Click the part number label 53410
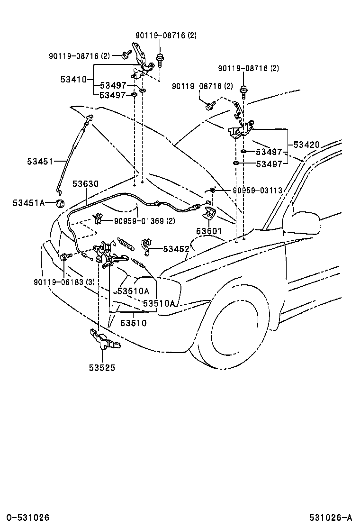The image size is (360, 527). [73, 80]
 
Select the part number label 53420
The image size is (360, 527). [306, 145]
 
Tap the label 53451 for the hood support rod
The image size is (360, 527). [40, 162]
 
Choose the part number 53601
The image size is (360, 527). [209, 231]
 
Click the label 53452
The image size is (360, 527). [176, 249]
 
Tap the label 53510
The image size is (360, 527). [133, 323]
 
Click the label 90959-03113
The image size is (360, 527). [257, 191]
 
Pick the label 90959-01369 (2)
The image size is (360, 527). [144, 220]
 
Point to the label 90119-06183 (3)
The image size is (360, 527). [65, 282]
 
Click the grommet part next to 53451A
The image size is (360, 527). [60, 204]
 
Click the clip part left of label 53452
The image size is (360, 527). [146, 246]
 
